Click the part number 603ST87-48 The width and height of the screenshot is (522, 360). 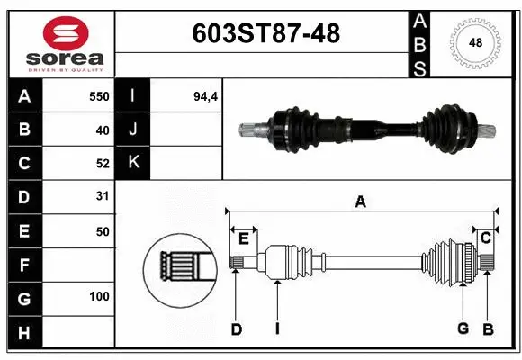(x=266, y=34)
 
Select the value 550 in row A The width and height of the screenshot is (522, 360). (x=98, y=96)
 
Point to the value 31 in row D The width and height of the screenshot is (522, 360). (x=102, y=196)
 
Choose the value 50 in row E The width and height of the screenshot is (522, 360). (x=102, y=231)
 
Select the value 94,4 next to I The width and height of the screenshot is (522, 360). (x=206, y=96)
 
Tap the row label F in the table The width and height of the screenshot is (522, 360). (x=23, y=265)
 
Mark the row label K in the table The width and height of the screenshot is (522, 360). (x=132, y=163)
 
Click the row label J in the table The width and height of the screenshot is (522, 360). (x=132, y=130)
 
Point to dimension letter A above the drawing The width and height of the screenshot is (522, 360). (x=360, y=202)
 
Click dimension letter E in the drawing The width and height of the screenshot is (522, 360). (x=243, y=238)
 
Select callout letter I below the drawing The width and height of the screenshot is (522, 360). (x=277, y=329)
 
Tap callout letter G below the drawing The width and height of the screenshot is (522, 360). (x=463, y=329)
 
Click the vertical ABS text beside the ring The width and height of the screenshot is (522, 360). (x=420, y=42)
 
